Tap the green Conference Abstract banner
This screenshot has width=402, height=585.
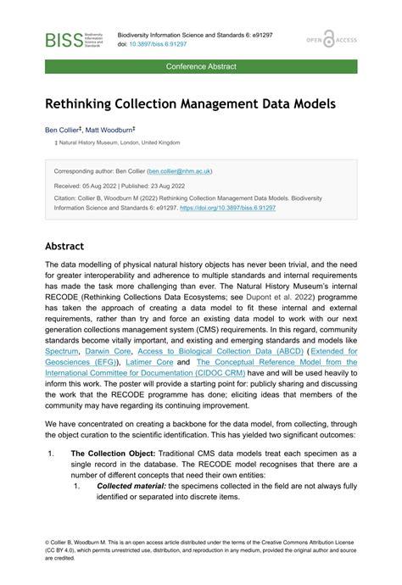click(201, 66)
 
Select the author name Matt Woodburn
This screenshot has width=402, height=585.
click(108, 131)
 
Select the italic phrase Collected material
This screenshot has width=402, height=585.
click(131, 487)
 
